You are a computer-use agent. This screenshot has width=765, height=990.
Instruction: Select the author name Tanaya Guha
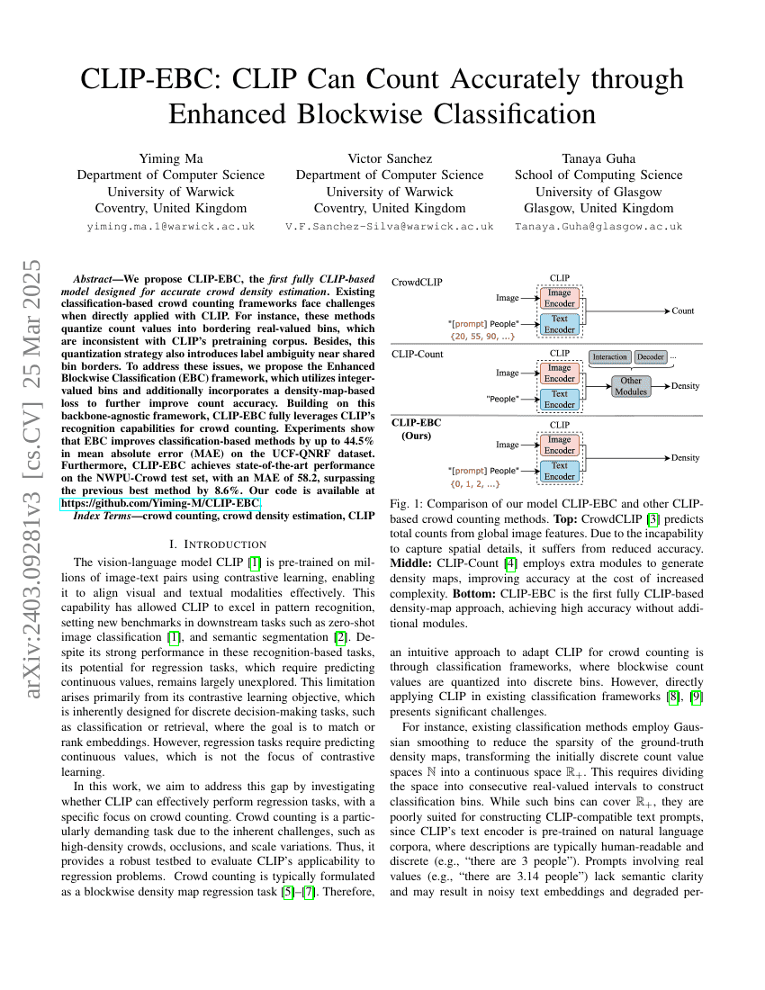(x=598, y=158)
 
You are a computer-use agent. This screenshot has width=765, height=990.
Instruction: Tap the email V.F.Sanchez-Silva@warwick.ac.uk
(x=389, y=227)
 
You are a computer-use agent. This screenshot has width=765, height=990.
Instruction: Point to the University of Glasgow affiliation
(x=598, y=192)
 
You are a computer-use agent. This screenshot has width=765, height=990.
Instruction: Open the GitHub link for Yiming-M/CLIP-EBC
(x=160, y=502)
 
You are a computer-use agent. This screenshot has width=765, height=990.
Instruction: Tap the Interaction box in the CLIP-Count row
(x=609, y=357)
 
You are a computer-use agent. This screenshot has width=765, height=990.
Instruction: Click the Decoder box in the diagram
(x=650, y=357)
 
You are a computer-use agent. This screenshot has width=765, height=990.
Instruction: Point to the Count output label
(x=682, y=311)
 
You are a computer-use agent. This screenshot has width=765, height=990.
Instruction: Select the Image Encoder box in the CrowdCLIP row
(x=559, y=298)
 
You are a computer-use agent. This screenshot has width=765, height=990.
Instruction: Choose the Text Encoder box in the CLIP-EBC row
(x=559, y=471)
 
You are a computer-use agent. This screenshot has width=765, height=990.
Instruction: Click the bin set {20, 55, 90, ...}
(x=482, y=336)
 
